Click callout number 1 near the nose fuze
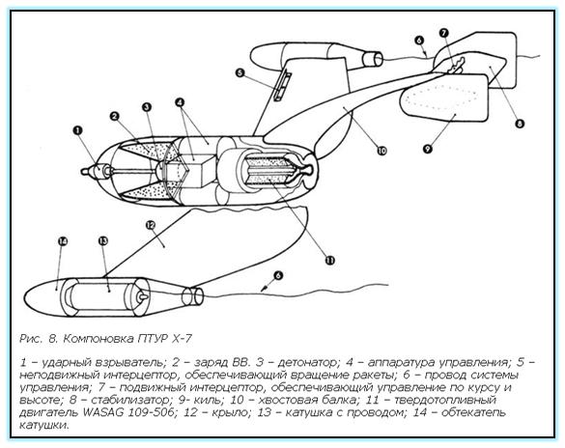coord(77,130)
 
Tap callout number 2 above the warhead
coord(115,116)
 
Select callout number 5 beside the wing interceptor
coord(240,73)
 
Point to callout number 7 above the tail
coord(443,33)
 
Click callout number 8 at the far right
coord(519,124)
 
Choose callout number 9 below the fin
coord(427,148)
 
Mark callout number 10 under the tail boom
coord(381,151)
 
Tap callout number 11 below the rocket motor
coord(330,260)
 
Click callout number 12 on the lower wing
coord(151,225)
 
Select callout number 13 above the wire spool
coord(103,241)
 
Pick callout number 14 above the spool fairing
coord(63,241)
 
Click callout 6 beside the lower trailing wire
coord(278,275)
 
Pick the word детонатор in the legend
coord(309,361)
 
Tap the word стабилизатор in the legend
coord(129,400)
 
